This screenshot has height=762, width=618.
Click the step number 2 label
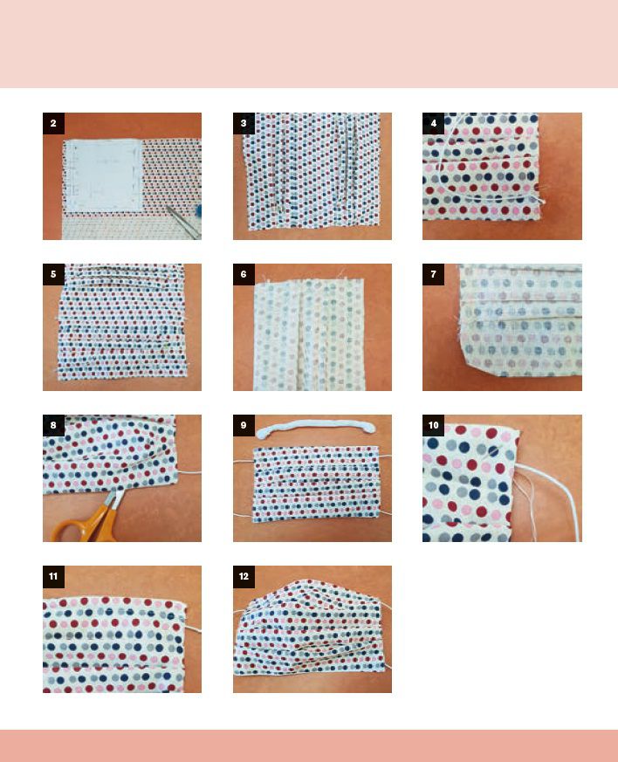click(x=53, y=123)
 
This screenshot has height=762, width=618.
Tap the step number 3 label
click(x=244, y=123)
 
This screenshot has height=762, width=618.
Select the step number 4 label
click(x=433, y=123)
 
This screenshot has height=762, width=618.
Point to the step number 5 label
click(x=53, y=275)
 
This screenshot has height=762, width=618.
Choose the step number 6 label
click(x=244, y=275)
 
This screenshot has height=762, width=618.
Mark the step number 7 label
click(x=433, y=275)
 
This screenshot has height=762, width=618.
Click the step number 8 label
click(x=53, y=426)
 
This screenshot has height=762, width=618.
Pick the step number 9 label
click(x=244, y=426)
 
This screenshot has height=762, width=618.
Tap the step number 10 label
click(x=433, y=426)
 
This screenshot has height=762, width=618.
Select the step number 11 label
click(x=53, y=577)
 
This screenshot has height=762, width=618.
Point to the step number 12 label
click(x=244, y=577)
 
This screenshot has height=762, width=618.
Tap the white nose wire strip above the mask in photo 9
click(x=316, y=429)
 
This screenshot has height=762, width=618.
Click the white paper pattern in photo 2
click(x=103, y=175)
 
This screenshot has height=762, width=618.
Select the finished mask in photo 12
click(x=311, y=628)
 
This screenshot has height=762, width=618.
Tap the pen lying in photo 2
click(x=183, y=222)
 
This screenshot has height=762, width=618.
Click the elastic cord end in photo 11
click(x=194, y=628)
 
